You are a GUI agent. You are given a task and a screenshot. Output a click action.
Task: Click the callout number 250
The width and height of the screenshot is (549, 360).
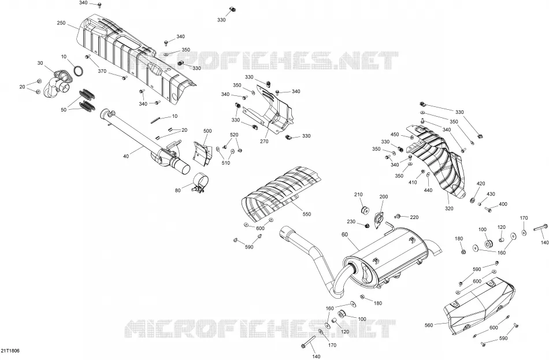[x=61, y=23]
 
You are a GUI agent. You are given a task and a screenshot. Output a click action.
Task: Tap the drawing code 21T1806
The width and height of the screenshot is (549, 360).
[x=10, y=351]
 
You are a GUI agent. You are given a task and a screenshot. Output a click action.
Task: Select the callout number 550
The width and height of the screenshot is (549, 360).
[x=306, y=214]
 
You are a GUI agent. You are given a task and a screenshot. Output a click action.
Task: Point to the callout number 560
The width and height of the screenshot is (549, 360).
[x=429, y=325]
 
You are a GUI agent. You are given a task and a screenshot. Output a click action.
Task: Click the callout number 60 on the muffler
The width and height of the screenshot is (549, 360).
[x=344, y=234]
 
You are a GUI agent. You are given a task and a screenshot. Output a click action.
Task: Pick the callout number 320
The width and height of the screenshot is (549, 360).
[x=449, y=209]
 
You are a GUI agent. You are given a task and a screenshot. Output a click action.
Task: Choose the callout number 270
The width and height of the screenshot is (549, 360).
[x=264, y=142]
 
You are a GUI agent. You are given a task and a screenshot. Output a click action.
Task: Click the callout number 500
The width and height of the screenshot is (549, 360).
[x=207, y=131]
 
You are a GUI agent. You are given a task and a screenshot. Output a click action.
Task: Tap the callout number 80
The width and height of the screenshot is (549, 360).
[x=178, y=191]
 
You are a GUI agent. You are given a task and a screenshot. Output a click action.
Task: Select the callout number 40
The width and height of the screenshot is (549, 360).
[x=126, y=156]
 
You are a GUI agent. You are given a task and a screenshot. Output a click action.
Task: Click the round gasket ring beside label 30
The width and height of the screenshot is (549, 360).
[x=79, y=70]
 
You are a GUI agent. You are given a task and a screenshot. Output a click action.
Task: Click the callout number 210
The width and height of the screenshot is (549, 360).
[x=358, y=195]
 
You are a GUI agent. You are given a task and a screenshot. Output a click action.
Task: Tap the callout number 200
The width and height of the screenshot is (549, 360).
[x=384, y=197]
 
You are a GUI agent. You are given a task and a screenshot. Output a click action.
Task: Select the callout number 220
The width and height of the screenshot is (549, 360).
[x=414, y=217]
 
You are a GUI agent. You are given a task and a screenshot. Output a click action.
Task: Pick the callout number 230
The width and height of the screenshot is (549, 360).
[x=351, y=222]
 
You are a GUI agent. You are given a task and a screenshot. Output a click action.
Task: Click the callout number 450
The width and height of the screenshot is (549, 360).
[x=395, y=135]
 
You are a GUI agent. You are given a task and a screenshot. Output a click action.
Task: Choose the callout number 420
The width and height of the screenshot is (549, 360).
[x=481, y=184]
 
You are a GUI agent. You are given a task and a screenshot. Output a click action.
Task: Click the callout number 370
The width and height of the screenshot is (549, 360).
[x=102, y=72]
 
